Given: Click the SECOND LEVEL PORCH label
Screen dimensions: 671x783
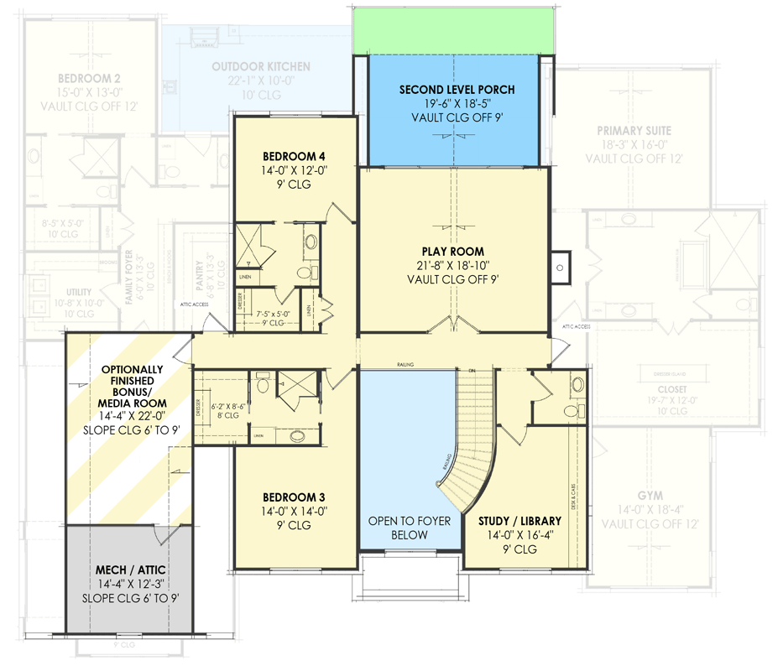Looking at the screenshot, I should click(457, 90).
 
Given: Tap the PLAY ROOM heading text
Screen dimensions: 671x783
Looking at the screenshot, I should click(453, 251).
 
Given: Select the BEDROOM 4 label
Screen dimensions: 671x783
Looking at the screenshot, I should click(294, 156).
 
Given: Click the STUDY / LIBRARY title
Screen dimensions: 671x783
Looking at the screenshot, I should click(519, 521).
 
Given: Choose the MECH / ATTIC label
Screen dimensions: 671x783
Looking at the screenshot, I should click(129, 570).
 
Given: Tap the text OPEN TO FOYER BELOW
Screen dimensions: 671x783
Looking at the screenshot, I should click(410, 528).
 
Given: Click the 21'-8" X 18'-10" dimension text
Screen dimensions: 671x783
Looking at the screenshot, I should click(453, 266).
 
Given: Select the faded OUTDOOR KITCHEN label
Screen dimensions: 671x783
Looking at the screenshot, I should click(260, 66).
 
